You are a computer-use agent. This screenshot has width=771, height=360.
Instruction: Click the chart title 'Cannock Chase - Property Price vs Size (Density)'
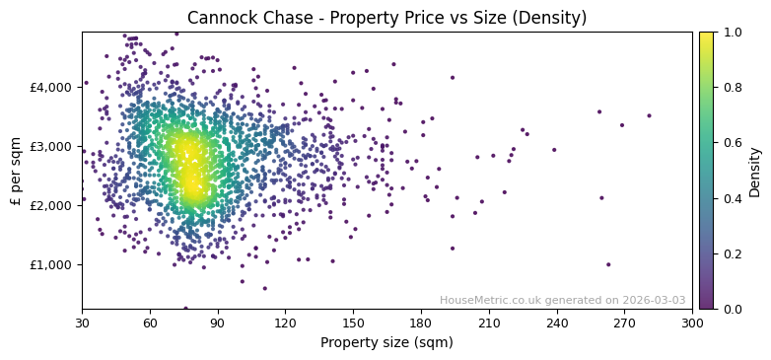pyautogui.click(x=386, y=18)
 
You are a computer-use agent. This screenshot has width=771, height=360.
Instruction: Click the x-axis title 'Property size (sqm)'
pyautogui.click(x=386, y=342)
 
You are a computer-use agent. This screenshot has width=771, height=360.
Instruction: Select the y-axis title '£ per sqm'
pyautogui.click(x=16, y=170)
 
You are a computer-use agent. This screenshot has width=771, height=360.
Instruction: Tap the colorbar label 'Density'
pyautogui.click(x=755, y=172)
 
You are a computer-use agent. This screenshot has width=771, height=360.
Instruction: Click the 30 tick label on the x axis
pyautogui.click(x=82, y=323)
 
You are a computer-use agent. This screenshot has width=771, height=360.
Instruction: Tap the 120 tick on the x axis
pyautogui.click(x=285, y=323)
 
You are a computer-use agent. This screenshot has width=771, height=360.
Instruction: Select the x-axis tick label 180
pyautogui.click(x=421, y=323)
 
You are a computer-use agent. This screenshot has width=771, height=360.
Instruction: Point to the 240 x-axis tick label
pyautogui.click(x=557, y=323)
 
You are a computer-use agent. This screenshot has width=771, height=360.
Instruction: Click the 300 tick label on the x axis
pyautogui.click(x=692, y=323)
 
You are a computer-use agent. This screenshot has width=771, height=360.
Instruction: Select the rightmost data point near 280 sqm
pyautogui.click(x=649, y=115)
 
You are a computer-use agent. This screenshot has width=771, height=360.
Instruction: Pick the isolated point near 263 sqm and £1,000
pyautogui.click(x=608, y=264)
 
